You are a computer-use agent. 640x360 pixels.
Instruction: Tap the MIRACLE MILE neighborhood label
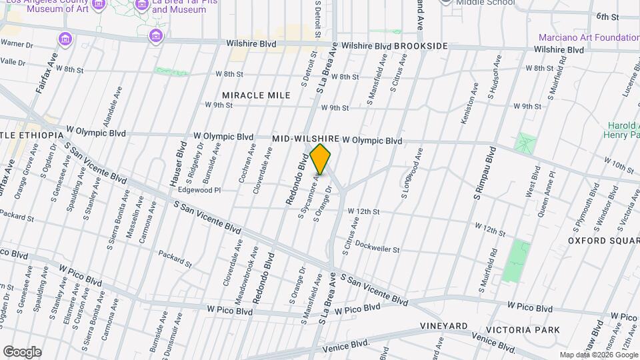pyautogui.click(x=256, y=95)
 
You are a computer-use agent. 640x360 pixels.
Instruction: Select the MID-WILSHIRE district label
pyautogui.click(x=306, y=138)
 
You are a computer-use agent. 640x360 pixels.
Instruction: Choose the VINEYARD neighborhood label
pyautogui.click(x=443, y=326)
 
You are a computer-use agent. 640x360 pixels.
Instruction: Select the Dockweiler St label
pyautogui.click(x=377, y=249)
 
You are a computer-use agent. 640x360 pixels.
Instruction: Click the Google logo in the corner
pyautogui.click(x=21, y=351)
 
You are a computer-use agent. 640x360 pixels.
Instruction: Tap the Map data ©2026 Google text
pyautogui.click(x=598, y=355)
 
